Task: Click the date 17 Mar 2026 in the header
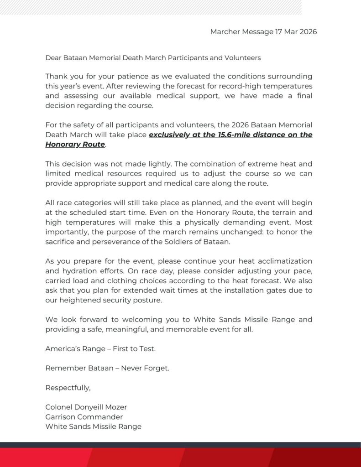(296, 32)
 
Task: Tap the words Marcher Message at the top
(241, 32)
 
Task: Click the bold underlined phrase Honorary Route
(75, 145)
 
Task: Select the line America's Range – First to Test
(100, 348)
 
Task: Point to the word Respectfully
(68, 388)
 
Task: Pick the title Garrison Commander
(84, 416)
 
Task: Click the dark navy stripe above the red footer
(180, 445)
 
